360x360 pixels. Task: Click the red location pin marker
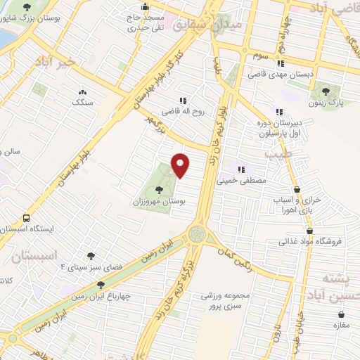[x=181, y=166]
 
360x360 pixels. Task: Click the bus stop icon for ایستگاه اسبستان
[x=27, y=218]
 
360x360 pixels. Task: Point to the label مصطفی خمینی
[x=242, y=180]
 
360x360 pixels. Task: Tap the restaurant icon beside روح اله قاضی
[x=184, y=101]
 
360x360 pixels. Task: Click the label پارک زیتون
[x=326, y=102]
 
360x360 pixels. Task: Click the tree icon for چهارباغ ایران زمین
[x=101, y=285]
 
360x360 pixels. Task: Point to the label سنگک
[x=83, y=103]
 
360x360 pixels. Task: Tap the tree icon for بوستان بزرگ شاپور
[x=27, y=6]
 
